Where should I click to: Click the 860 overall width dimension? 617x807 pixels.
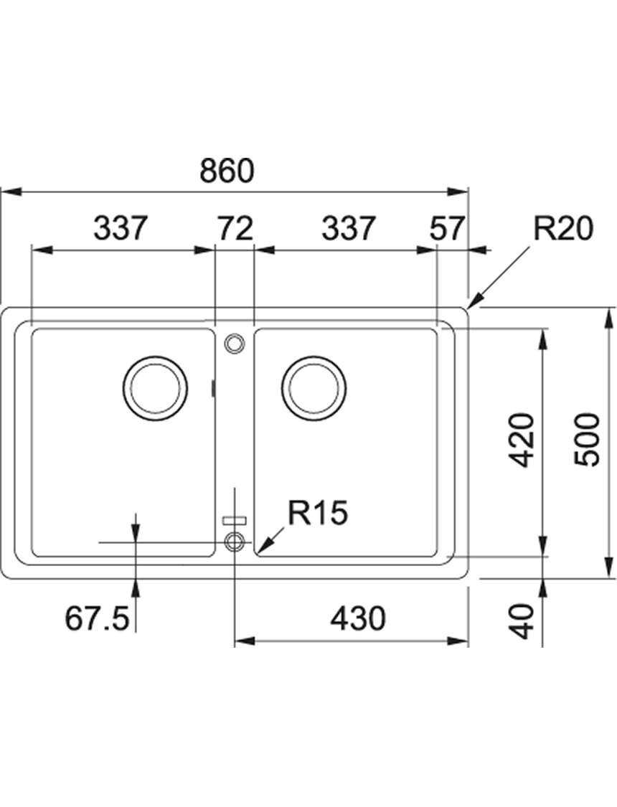point(227,172)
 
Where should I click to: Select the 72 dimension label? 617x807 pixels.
point(235,229)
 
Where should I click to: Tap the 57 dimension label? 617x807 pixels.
point(448,229)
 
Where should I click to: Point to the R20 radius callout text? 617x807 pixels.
point(563,229)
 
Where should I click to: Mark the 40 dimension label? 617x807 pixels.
point(524,621)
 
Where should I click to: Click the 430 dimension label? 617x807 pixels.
point(358,618)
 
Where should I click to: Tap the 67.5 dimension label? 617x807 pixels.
point(96,618)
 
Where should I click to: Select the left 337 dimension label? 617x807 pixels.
point(121,229)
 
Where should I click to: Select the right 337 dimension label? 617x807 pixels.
point(348,229)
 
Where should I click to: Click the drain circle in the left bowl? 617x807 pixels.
point(156,388)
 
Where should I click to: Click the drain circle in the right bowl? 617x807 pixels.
point(314,388)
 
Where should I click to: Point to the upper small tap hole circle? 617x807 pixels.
point(234,344)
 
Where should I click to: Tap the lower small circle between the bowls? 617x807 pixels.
point(234,542)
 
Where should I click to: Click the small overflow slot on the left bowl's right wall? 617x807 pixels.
point(214,388)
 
